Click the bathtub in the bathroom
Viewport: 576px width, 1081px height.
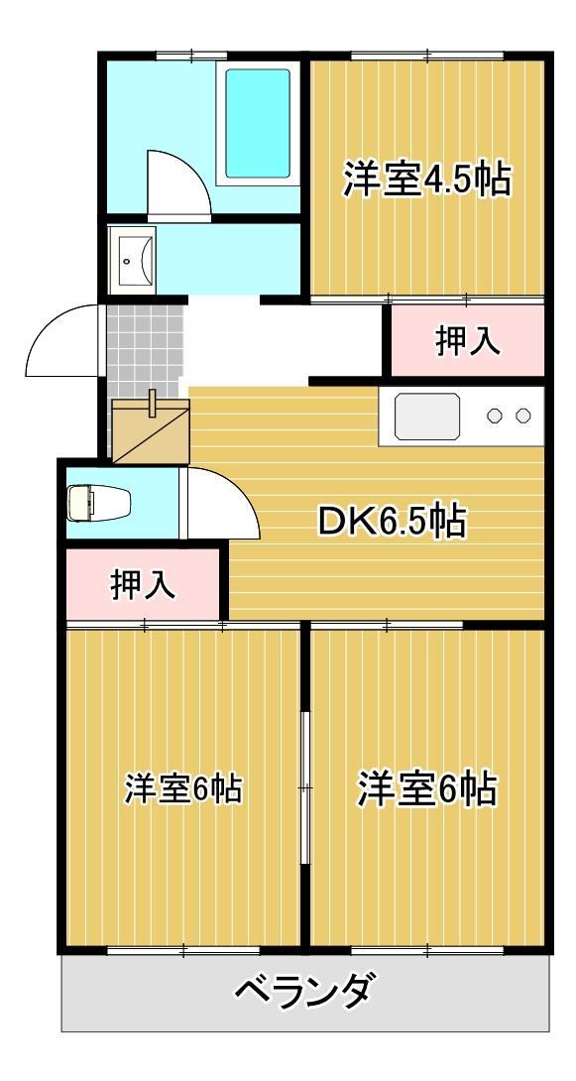tap(258, 123)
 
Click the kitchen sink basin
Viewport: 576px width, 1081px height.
tap(426, 416)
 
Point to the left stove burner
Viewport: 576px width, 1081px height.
tap(494, 416)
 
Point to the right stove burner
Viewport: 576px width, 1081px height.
tap(523, 416)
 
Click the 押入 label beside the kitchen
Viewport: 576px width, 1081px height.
tap(467, 341)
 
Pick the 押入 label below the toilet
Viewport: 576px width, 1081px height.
tap(143, 585)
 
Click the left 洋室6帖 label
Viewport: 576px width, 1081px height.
tap(183, 789)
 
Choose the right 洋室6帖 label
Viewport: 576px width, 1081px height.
tap(427, 789)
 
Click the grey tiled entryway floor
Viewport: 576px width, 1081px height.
tap(145, 347)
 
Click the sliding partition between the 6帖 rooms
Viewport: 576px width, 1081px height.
tap(305, 788)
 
